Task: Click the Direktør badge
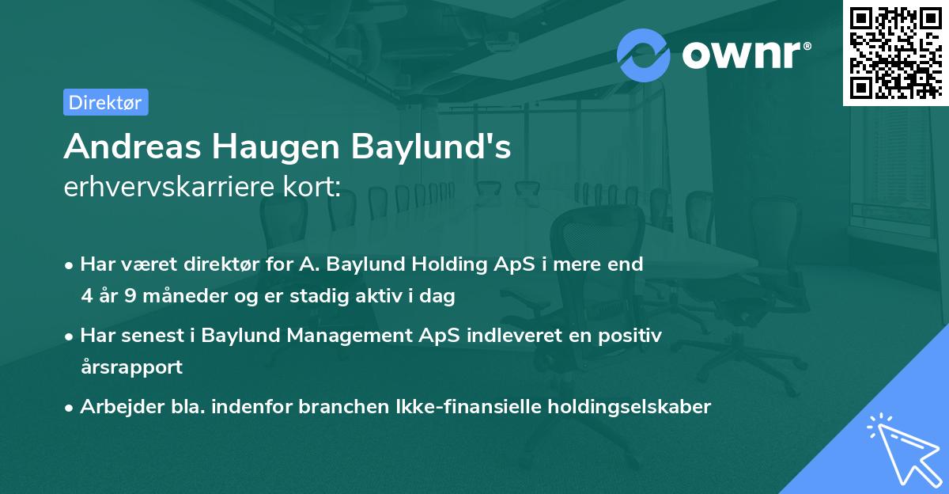(105, 102)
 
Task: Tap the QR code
(896, 52)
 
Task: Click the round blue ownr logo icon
(643, 55)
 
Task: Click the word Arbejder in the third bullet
(115, 407)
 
